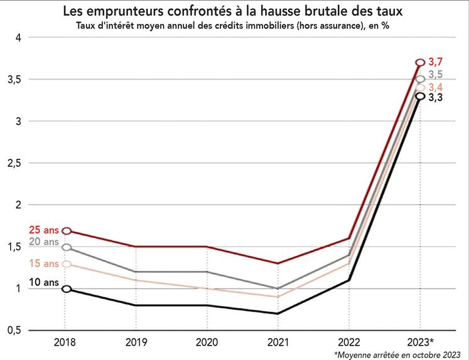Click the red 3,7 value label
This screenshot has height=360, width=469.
[x=436, y=61]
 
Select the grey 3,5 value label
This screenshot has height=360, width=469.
[x=436, y=75]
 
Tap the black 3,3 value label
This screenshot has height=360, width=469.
[x=436, y=98]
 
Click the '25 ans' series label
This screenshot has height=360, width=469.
[x=43, y=230]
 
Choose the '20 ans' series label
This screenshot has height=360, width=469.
[x=43, y=242]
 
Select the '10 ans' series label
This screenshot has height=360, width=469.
[x=43, y=283]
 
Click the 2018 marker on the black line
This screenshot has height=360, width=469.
[x=67, y=289]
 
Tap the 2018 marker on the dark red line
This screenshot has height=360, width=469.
[x=67, y=231]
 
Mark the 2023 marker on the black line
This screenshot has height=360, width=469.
[x=420, y=96]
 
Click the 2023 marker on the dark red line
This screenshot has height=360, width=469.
[x=420, y=62]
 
